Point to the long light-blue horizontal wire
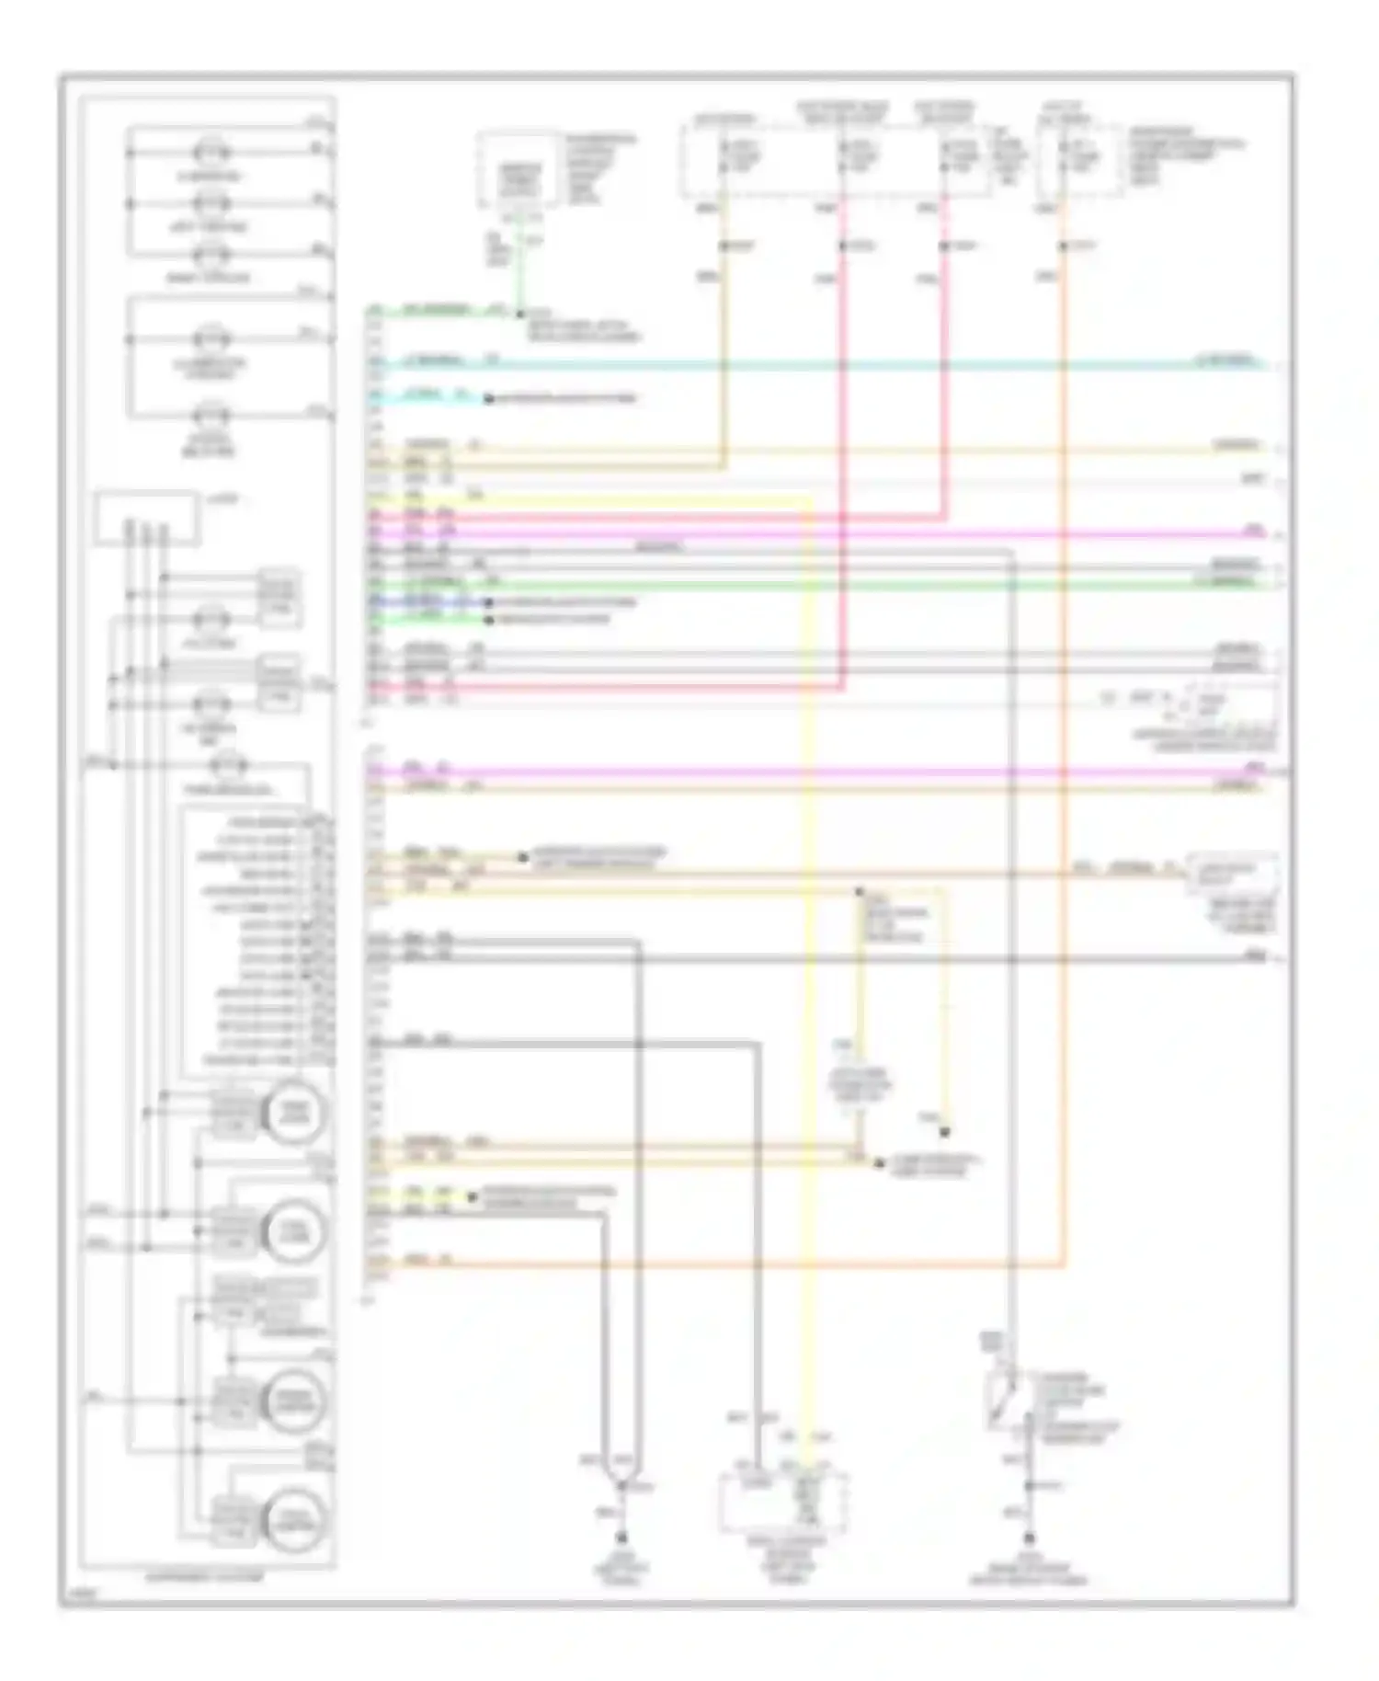click(x=827, y=365)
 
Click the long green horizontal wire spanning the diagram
click(x=827, y=584)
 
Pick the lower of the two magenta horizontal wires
click(x=827, y=772)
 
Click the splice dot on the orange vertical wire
click(x=1063, y=246)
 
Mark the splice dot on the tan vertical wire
click(x=724, y=246)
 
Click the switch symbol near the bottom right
click(x=1004, y=1402)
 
